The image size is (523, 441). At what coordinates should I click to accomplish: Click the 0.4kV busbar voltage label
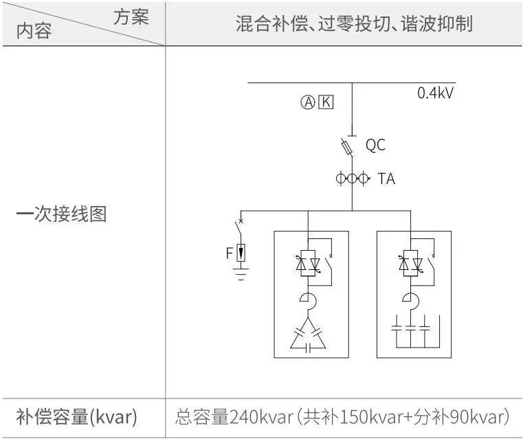tap(435, 93)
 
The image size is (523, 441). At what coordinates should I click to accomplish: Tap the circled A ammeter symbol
tap(308, 102)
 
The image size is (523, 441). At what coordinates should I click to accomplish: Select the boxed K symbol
tap(326, 102)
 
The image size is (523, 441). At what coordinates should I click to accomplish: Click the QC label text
tap(375, 145)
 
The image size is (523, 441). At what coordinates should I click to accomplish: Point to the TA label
tap(386, 179)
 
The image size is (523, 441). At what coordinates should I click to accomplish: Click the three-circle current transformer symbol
tap(353, 178)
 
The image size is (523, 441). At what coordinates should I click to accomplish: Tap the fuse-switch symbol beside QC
tap(347, 147)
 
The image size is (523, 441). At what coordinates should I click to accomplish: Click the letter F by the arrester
tap(230, 253)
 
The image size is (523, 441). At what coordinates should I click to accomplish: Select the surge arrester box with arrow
tap(241, 253)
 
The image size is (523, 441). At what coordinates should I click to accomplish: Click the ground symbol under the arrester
tap(241, 273)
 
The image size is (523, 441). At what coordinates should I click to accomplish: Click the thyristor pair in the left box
tap(308, 263)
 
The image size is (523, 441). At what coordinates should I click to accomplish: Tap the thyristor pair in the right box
tap(410, 263)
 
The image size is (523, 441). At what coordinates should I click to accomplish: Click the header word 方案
tap(131, 17)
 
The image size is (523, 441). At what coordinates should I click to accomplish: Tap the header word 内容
tap(34, 31)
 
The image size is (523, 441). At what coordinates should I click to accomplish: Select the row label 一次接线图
tap(62, 214)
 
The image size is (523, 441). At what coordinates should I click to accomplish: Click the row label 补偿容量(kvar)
tap(77, 417)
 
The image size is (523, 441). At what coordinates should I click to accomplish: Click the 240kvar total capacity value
tap(261, 417)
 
